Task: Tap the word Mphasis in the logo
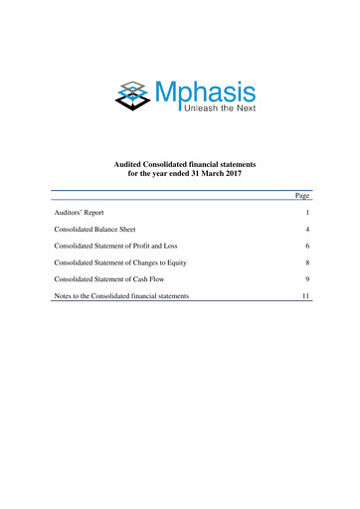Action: [x=203, y=92]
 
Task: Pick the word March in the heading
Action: [x=205, y=173]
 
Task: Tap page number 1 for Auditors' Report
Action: [x=309, y=213]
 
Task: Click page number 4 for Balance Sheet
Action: [x=308, y=229]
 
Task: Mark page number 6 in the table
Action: [x=308, y=246]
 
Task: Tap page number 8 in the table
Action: [x=308, y=262]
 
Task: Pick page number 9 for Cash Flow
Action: [x=308, y=279]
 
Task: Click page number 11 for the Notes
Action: [x=307, y=296]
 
